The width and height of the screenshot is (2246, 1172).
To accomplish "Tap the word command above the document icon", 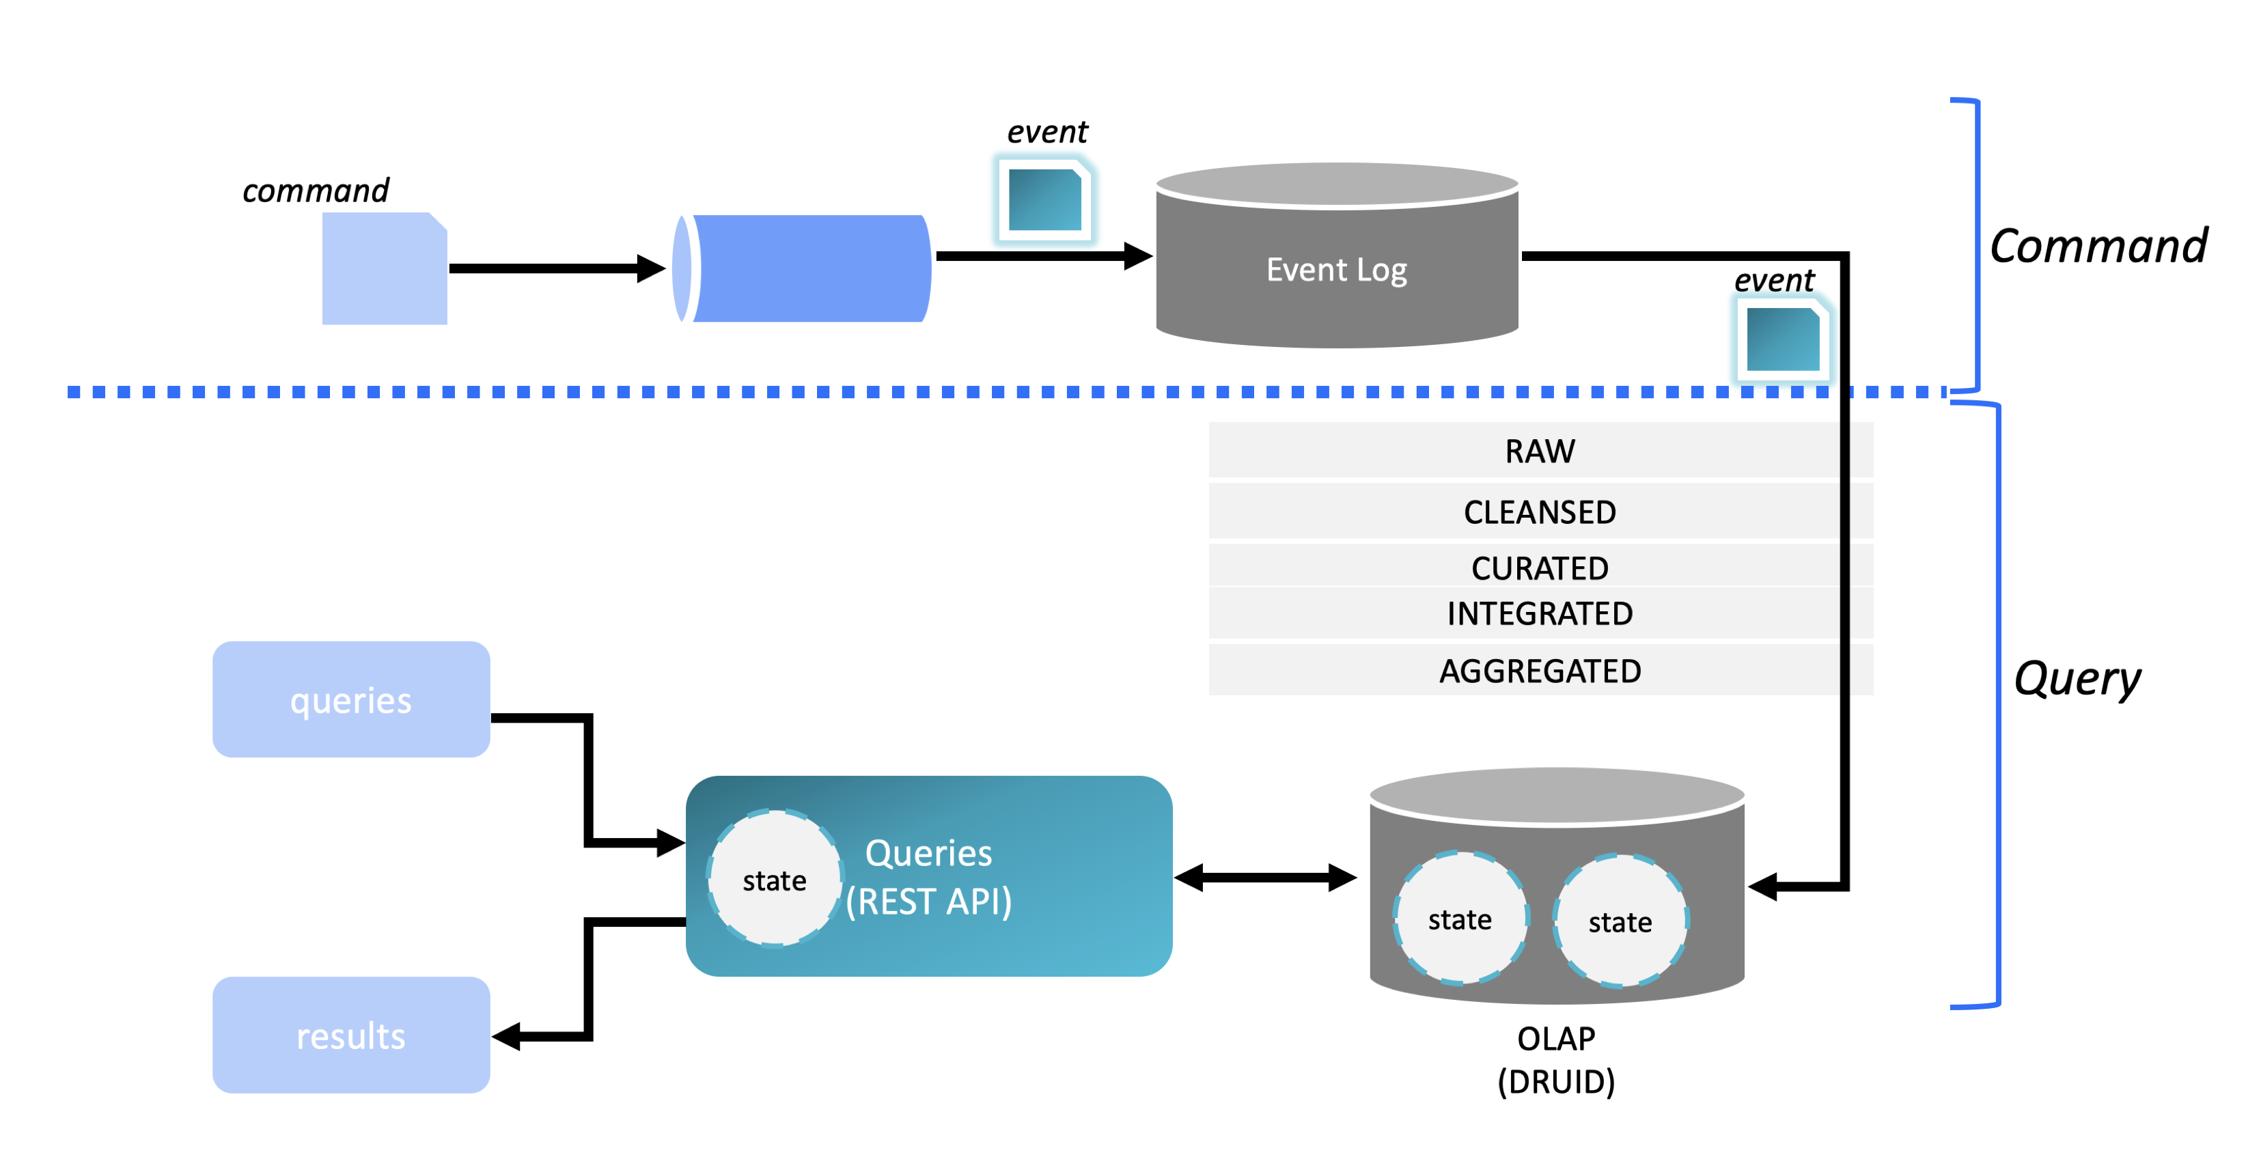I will (316, 190).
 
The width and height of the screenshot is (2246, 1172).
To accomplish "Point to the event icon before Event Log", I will (1044, 199).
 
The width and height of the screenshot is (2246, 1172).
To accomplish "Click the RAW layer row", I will (1540, 451).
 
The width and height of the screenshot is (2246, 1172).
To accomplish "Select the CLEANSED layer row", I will (1540, 512).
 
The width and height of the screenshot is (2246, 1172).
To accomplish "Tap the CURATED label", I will (1540, 568).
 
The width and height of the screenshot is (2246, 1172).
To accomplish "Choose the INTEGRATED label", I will (1540, 614).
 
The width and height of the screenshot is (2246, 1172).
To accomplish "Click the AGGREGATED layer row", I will (1540, 671).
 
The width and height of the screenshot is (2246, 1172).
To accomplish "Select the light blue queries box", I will (351, 699).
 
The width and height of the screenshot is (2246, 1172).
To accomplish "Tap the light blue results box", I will (351, 1035).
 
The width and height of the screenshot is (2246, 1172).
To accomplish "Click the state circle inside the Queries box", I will (774, 879).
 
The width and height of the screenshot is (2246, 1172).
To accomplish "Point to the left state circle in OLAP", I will (1460, 919).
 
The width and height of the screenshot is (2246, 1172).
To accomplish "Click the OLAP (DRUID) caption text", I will (1556, 1059).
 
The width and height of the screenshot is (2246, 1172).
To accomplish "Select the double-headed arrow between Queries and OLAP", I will (1265, 877).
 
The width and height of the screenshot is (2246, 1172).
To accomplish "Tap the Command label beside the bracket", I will (2098, 246).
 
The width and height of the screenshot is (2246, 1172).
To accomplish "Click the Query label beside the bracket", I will (2077, 678).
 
